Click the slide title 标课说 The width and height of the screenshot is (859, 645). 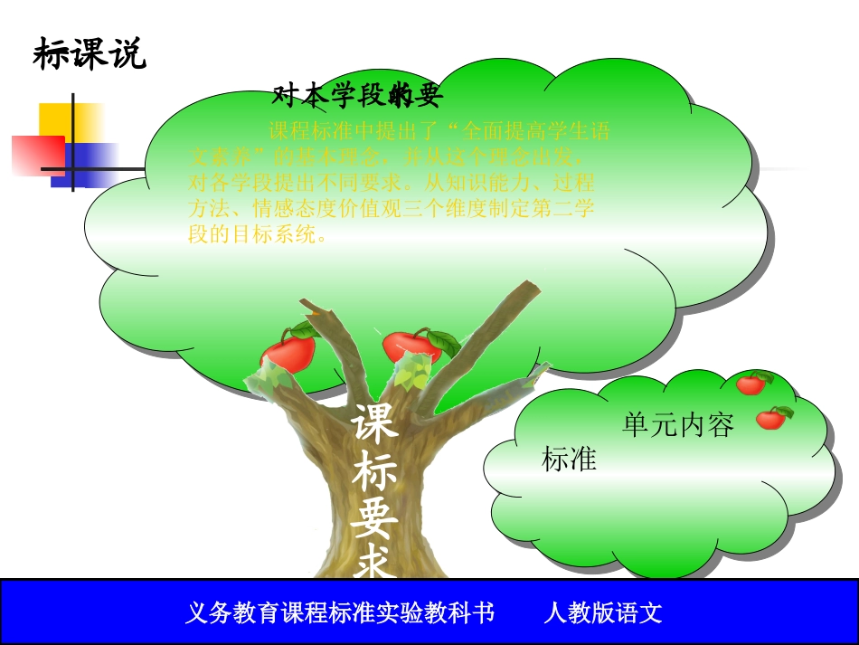(89, 55)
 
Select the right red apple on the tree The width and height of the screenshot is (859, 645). (412, 346)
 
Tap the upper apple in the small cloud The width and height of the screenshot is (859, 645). (751, 384)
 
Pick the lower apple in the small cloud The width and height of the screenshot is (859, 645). (770, 418)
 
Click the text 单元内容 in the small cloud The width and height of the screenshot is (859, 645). (677, 425)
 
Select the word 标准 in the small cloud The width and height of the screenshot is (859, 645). (569, 460)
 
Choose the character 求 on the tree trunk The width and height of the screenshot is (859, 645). (374, 563)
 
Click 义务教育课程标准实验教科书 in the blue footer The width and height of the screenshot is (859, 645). (339, 613)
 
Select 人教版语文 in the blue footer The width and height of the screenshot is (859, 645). (603, 613)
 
